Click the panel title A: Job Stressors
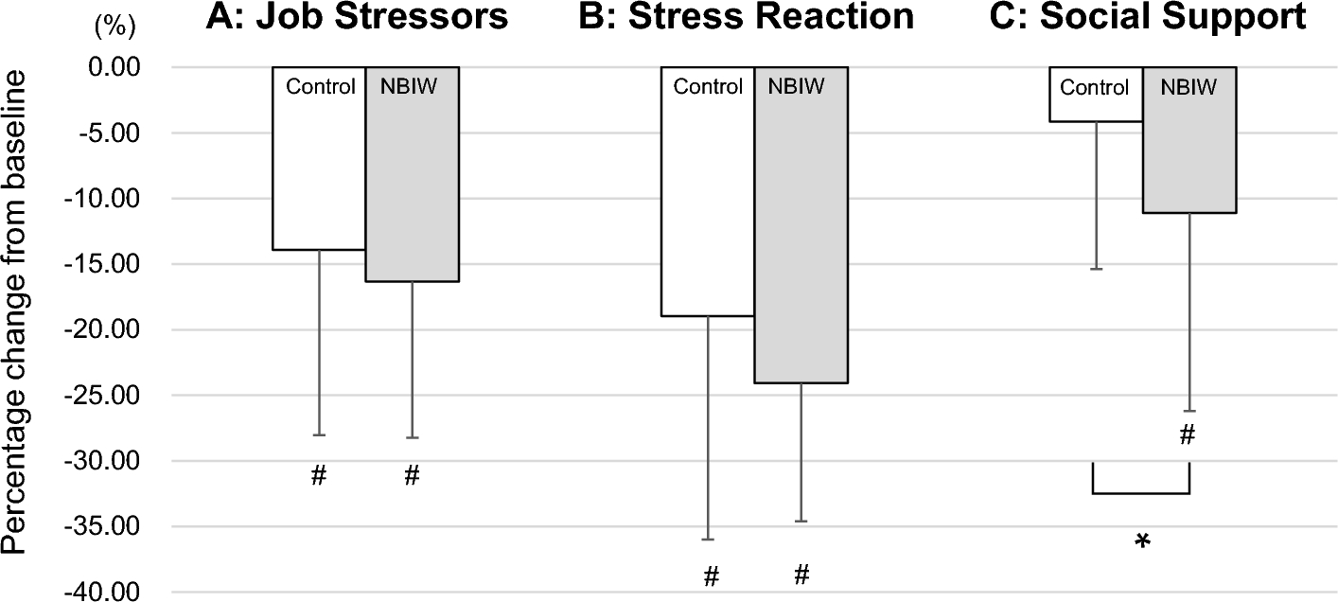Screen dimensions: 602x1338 pos(359,18)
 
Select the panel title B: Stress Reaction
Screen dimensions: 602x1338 pos(747,18)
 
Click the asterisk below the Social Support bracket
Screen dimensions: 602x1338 pos(1142,541)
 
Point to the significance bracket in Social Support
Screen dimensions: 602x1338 pos(1140,492)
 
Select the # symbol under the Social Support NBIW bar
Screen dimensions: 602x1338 pos(1188,435)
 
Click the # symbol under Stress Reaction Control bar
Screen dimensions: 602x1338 pos(711,575)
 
